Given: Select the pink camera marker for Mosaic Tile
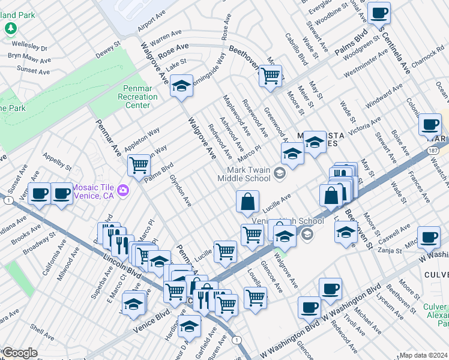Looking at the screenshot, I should (124, 190).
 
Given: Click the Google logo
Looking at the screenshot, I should (19, 353).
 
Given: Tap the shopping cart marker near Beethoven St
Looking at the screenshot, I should (271, 75).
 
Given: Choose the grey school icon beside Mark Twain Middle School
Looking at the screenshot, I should (279, 174).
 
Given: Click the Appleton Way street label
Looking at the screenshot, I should (142, 139).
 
